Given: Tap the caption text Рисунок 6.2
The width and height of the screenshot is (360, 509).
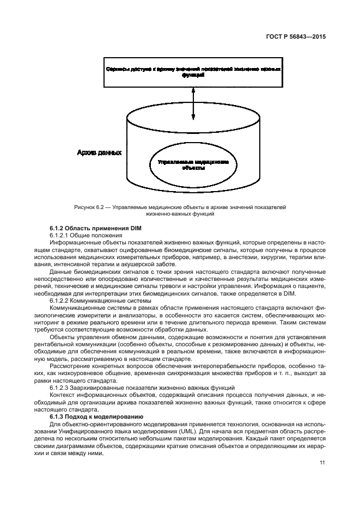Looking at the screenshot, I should (88, 207).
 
